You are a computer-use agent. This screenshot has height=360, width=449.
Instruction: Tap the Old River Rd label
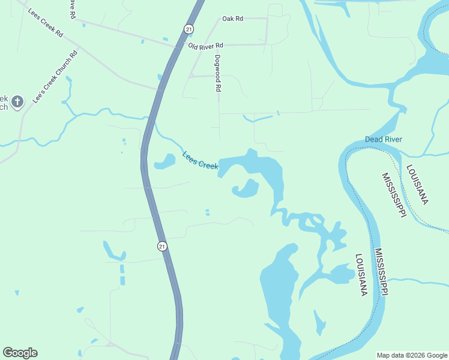pos(205,46)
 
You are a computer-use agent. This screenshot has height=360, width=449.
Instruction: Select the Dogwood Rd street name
pos(218,73)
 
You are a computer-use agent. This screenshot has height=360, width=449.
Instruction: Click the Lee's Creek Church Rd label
pos(56,76)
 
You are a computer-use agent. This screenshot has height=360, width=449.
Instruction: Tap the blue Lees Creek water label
pos(200,160)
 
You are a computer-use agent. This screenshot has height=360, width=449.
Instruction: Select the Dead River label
pos(383,140)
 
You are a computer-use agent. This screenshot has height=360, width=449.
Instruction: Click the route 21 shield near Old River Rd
pos(189,29)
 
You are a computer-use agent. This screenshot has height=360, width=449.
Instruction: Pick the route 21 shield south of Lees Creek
pos(161,246)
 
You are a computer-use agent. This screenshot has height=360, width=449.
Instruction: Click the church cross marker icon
pos(17,101)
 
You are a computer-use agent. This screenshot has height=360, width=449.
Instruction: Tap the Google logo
pos(20,353)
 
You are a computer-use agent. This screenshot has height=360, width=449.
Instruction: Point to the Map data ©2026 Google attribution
pos(411,355)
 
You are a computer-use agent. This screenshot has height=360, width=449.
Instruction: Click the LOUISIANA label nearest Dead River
pos(417,185)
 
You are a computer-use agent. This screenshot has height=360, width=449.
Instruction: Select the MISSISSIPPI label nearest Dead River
pos(393,196)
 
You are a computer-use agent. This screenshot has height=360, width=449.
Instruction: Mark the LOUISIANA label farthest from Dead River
pos(360,275)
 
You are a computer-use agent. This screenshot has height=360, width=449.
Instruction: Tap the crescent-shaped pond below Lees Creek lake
pos(247,189)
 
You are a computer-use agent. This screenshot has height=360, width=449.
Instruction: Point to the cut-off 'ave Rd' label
pos(71,9)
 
